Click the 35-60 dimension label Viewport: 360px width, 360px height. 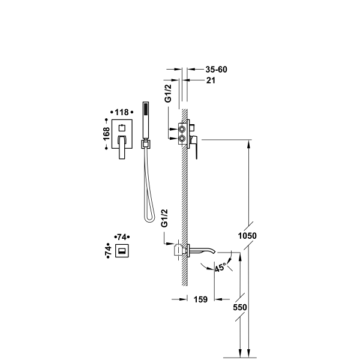tap(216, 70)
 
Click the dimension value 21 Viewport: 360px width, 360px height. tap(211, 80)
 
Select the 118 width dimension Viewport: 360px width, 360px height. tap(122, 112)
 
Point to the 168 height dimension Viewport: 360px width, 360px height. tap(106, 134)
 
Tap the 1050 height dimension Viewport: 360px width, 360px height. tap(247, 236)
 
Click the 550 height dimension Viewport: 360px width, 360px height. tap(240, 307)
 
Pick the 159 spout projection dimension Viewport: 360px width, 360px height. tap(200, 299)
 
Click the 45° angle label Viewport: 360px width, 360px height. tap(220, 267)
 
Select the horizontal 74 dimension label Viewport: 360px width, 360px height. tap(122, 237)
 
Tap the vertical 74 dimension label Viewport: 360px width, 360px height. tap(108, 251)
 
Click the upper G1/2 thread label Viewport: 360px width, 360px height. tap(168, 93)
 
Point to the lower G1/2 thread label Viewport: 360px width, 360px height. tap(164, 218)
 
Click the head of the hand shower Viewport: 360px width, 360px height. tap(146, 109)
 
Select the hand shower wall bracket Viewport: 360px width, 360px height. tap(145, 144)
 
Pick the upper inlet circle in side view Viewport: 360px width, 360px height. tap(182, 130)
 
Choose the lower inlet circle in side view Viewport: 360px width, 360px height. tap(182, 139)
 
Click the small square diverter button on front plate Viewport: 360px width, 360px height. tap(122, 128)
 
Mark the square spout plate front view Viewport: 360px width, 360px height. tap(122, 251)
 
